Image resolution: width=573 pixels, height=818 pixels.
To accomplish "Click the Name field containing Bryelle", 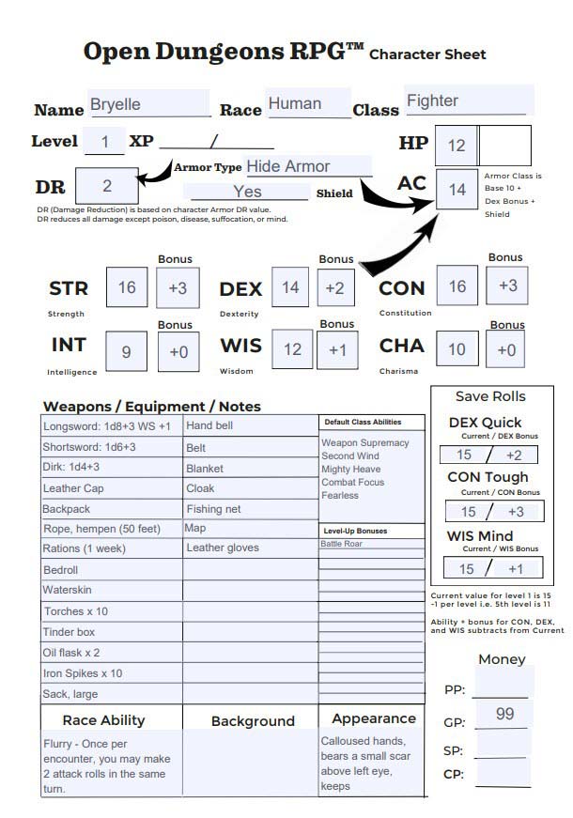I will coord(148,104).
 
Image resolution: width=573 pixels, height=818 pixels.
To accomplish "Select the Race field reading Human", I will coord(307,103).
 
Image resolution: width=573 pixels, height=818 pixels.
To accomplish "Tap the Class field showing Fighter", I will coord(468,100).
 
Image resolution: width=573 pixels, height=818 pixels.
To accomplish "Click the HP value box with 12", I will coord(457,146).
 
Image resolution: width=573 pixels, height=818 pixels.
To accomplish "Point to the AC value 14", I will coord(457,190).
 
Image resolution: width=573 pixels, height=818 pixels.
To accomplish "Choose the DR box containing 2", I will coord(107,186).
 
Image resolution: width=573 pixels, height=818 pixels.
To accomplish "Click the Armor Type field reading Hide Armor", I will coord(308,167).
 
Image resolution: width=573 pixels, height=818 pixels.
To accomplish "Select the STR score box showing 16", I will coord(127,287).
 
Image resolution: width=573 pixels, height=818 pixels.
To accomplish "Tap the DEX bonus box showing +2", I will coord(335,287).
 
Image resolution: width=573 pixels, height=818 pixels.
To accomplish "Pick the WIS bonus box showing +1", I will coord(337,349).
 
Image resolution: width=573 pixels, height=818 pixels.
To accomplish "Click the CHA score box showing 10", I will coord(457,349).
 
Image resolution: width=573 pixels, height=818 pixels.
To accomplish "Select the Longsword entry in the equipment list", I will coord(111,426).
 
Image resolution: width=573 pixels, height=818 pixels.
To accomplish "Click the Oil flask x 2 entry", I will coord(111,653).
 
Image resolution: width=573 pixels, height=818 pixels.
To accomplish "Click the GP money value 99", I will coord(504,715).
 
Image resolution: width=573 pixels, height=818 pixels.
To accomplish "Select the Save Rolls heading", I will coord(490,396).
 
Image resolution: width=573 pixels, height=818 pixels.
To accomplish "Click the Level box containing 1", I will coord(105,142).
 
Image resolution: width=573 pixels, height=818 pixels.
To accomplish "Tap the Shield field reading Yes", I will coord(248,192).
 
